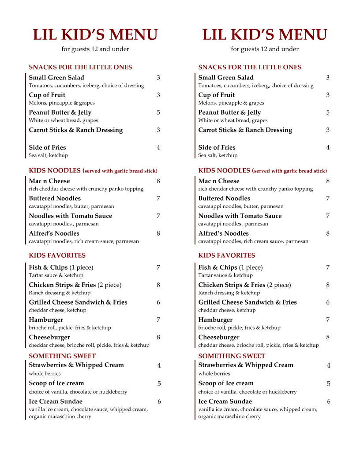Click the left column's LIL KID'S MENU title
(x=95, y=35)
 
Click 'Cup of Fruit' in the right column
(x=216, y=95)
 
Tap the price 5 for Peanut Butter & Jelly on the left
(x=158, y=113)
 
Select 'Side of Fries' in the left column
(x=47, y=147)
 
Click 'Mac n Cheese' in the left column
(x=49, y=181)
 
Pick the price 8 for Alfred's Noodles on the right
(x=327, y=233)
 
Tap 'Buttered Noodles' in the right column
(x=224, y=199)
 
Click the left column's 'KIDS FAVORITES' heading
(x=57, y=256)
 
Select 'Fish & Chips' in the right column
(x=217, y=267)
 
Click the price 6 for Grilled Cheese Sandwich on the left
(x=158, y=302)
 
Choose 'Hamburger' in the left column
(x=46, y=320)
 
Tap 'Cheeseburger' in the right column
(x=219, y=338)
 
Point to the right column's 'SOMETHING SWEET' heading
(x=232, y=356)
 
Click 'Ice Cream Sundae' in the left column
(x=56, y=402)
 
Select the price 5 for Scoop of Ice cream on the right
(x=328, y=383)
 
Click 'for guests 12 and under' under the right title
(x=265, y=49)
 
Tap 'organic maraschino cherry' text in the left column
(x=60, y=417)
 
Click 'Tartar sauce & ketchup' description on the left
(x=56, y=275)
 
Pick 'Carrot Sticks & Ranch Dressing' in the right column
(x=245, y=130)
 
